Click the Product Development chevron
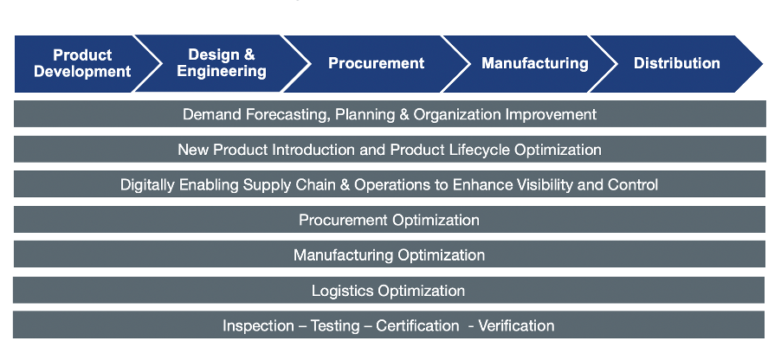tap(82, 64)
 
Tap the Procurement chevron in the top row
tap(376, 64)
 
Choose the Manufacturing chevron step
tap(534, 64)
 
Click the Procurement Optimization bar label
tap(389, 220)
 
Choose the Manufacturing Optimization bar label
tap(389, 255)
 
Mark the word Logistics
tap(343, 291)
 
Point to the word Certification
tap(417, 326)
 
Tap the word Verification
tap(517, 326)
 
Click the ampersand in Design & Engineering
tap(250, 55)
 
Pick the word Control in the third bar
tap(633, 185)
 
